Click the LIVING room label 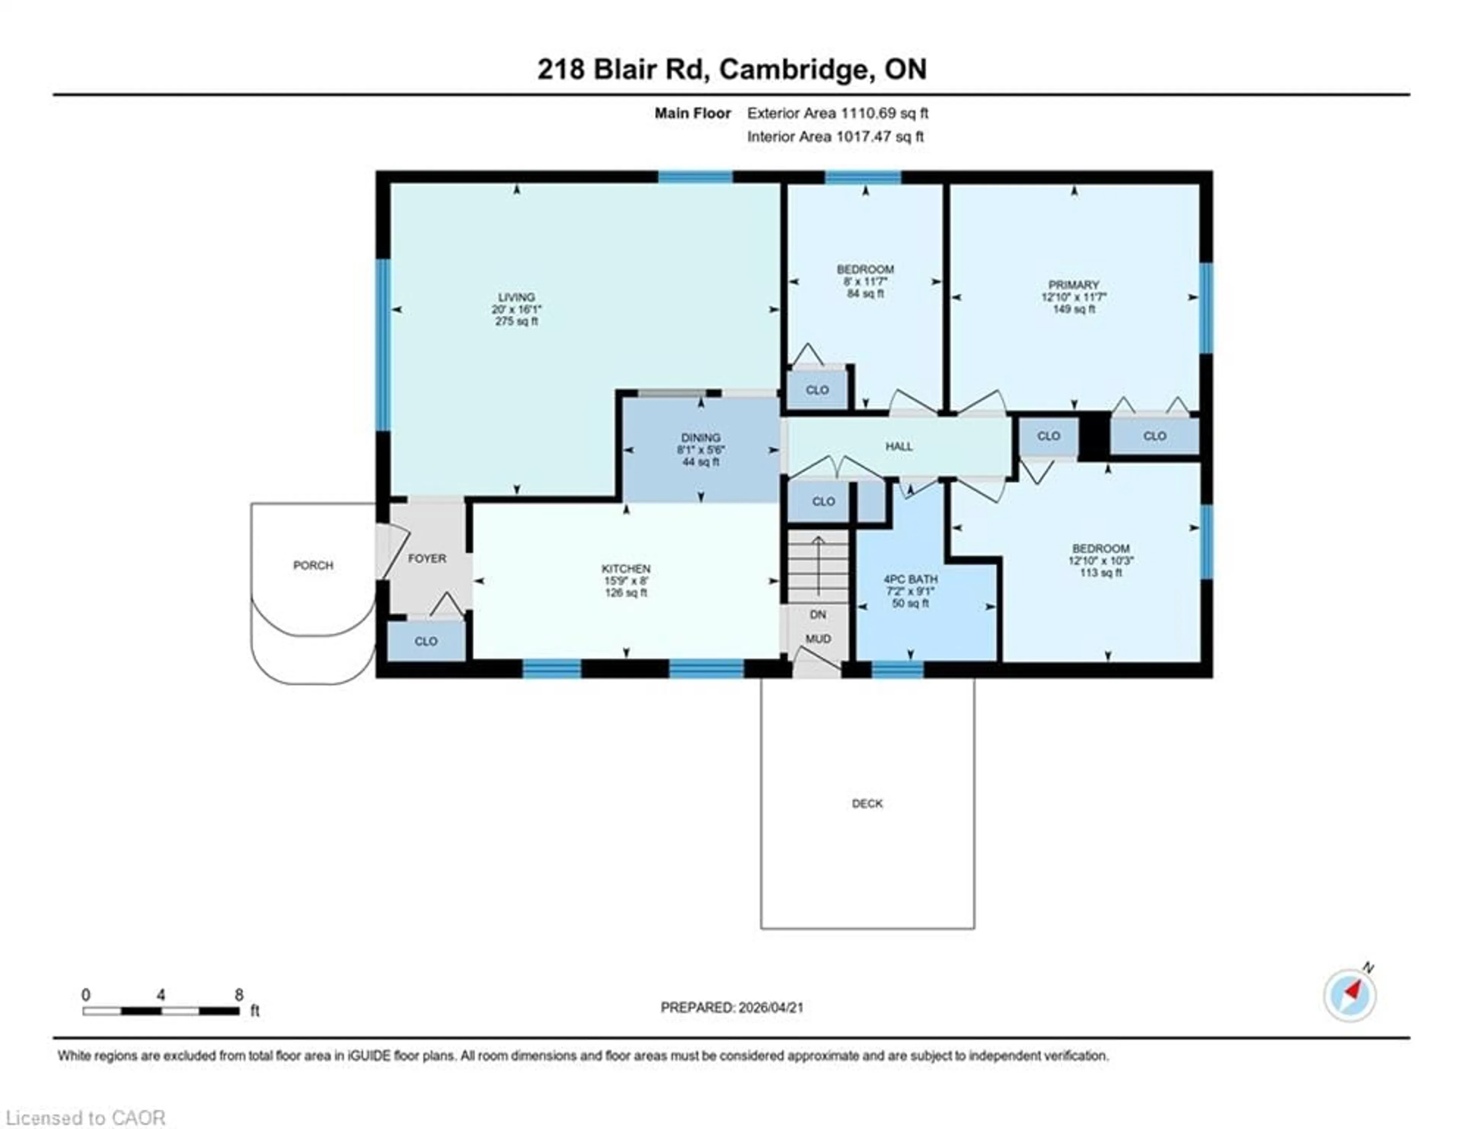(516, 297)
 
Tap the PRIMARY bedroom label (1074, 285)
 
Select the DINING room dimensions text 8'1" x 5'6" (701, 450)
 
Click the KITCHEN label (626, 569)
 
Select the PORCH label (313, 565)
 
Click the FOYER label (427, 558)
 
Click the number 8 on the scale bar (239, 995)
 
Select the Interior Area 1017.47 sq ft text (835, 137)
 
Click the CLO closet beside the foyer (426, 641)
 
